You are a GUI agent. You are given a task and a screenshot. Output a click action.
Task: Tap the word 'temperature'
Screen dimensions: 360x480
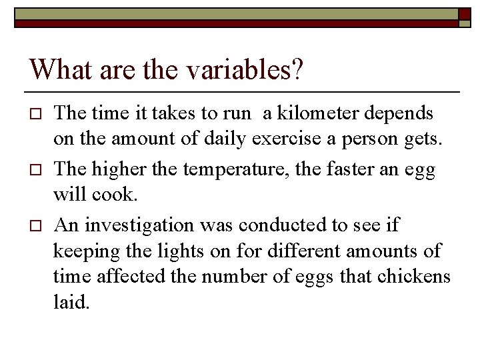(225, 170)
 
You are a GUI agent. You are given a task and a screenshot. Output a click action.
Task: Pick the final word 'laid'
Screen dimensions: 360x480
(70, 303)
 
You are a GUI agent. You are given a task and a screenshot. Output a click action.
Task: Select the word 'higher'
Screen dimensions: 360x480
(120, 170)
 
